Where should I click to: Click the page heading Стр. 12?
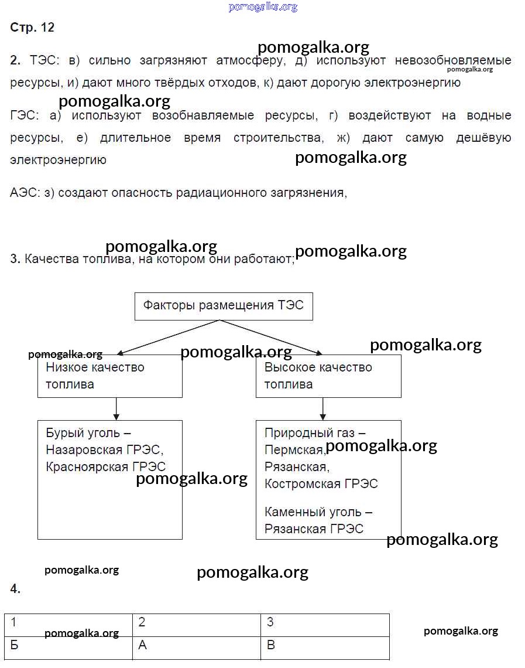click(32, 27)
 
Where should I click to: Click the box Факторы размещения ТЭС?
click(224, 306)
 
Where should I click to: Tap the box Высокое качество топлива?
click(328, 376)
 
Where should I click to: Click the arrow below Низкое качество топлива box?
click(116, 409)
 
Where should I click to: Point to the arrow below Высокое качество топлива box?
click(322, 409)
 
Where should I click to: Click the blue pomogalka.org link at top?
click(263, 7)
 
